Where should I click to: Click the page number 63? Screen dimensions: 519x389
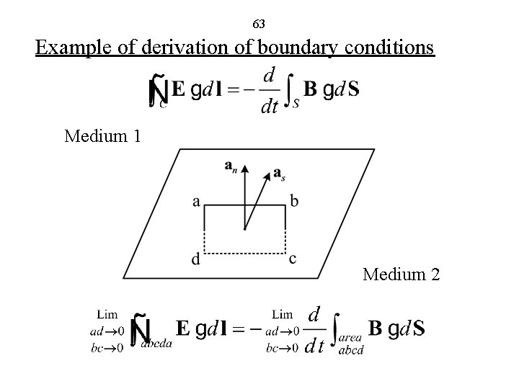(x=259, y=24)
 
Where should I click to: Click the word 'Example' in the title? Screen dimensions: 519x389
(x=68, y=48)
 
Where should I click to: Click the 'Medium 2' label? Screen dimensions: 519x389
(x=402, y=274)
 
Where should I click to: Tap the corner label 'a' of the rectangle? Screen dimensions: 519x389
(x=196, y=202)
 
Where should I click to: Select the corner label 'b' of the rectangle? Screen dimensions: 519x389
(x=293, y=201)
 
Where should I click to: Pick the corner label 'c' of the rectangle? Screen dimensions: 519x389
(x=293, y=259)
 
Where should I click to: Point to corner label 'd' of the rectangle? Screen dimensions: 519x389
(x=196, y=259)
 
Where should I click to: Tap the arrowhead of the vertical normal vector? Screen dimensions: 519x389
(x=245, y=169)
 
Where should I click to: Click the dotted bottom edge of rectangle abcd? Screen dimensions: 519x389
(x=245, y=254)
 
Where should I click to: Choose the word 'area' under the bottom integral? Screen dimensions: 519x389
(x=350, y=338)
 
